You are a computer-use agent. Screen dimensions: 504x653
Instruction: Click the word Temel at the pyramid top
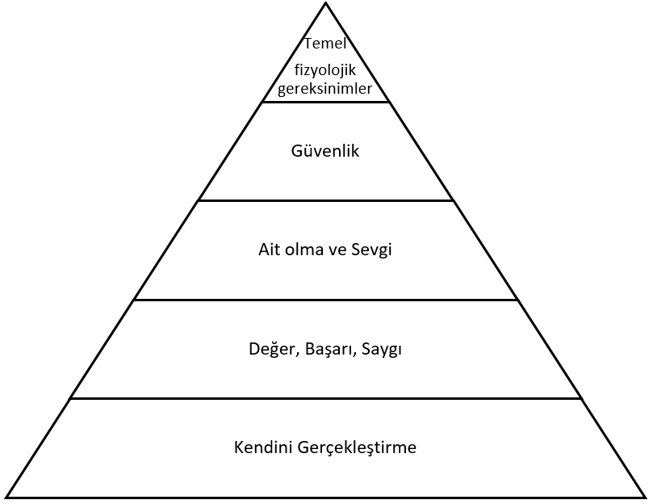pyautogui.click(x=325, y=44)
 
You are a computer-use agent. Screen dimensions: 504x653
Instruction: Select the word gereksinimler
pyautogui.click(x=325, y=88)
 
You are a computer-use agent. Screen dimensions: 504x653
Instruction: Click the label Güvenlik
pyautogui.click(x=325, y=150)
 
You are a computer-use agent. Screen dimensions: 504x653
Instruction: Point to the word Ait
pyautogui.click(x=269, y=250)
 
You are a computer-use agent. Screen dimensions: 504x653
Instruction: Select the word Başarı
pyautogui.click(x=329, y=350)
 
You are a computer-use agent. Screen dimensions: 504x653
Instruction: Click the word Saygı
pyautogui.click(x=383, y=350)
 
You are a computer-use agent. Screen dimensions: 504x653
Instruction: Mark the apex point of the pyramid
pyautogui.click(x=326, y=3)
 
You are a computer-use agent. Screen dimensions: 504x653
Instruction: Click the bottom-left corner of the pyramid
pyautogui.click(x=6, y=496)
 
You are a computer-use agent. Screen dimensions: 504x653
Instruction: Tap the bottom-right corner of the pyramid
pyautogui.click(x=646, y=496)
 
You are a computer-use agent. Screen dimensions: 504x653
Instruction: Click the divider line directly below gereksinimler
pyautogui.click(x=326, y=102)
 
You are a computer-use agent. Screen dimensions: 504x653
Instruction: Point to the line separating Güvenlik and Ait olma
pyautogui.click(x=326, y=200)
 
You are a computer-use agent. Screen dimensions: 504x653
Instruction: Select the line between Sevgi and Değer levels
pyautogui.click(x=326, y=300)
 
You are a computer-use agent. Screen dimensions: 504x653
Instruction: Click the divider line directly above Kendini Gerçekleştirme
pyautogui.click(x=326, y=398)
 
